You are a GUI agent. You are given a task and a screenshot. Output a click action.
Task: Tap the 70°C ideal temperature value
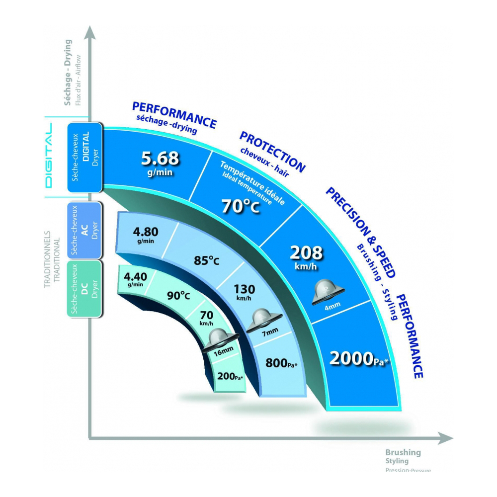(x=241, y=206)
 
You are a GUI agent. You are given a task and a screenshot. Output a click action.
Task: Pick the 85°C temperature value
(x=206, y=260)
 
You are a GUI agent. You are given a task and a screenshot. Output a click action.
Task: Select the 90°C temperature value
(x=178, y=296)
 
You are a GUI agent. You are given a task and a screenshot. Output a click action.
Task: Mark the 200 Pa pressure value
(x=230, y=377)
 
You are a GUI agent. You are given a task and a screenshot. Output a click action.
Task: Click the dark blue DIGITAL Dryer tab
(x=84, y=157)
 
